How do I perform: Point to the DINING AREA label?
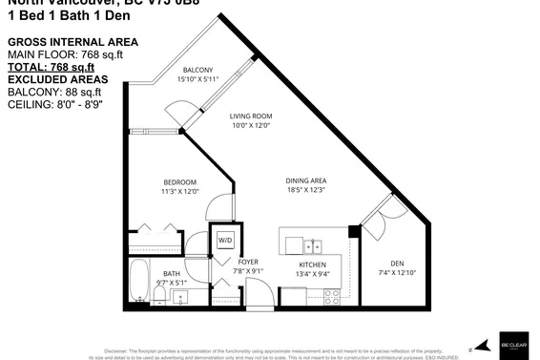[x=305, y=180]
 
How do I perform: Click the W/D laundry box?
[x=226, y=239]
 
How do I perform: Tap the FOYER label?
[x=248, y=262]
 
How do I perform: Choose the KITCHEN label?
[x=313, y=264]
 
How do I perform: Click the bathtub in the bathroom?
[x=138, y=284]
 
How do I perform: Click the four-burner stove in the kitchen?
[x=333, y=295]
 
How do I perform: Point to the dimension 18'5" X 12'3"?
[x=305, y=191]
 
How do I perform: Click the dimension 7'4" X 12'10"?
[x=398, y=273]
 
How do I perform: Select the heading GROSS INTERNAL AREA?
[x=73, y=43]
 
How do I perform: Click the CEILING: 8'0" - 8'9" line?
[x=65, y=103]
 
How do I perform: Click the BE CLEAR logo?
[x=513, y=344]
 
